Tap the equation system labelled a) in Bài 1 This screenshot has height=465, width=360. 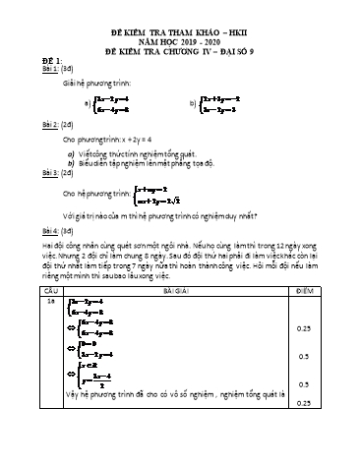(x=108, y=103)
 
